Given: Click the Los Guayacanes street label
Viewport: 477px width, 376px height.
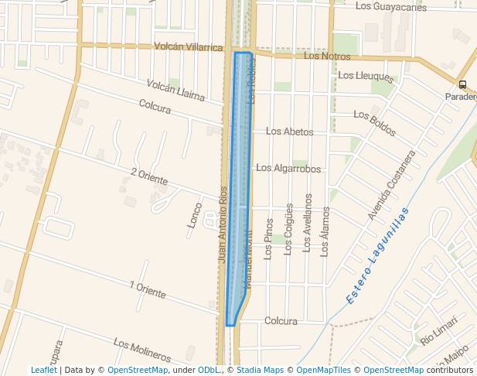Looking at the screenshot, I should (390, 7).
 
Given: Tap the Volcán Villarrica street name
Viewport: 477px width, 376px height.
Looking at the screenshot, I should (188, 47).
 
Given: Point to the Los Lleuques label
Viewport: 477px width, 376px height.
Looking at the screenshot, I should (366, 75).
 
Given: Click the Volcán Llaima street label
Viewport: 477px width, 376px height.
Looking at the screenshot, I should (176, 90).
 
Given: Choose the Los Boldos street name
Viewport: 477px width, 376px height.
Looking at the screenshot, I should (374, 124).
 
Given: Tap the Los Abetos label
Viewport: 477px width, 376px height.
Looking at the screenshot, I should (290, 132).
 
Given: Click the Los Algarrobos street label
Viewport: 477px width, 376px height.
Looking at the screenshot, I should (288, 168).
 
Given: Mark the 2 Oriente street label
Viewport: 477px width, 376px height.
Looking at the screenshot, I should (149, 176).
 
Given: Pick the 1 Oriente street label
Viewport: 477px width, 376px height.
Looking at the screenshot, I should (148, 290).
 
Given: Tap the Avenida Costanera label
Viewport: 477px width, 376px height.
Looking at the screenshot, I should (391, 186).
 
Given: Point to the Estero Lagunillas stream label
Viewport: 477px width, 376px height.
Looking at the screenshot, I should (376, 251).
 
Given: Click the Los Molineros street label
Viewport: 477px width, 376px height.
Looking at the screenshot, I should (141, 350).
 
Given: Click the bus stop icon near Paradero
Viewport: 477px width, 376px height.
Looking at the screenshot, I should (462, 85).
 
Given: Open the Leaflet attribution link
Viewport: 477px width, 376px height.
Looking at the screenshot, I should (44, 371).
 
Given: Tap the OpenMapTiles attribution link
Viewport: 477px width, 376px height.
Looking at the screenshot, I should (322, 371).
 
